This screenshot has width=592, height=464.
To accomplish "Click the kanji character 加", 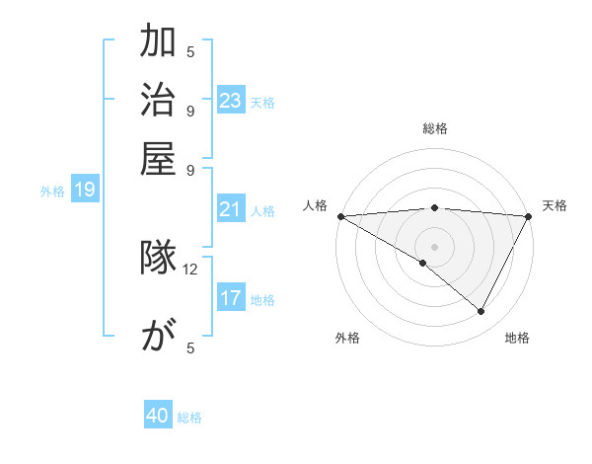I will pos(158,44).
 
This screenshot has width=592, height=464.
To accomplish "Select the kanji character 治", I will pos(158,102).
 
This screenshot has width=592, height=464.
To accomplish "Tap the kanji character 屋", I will pos(158,158).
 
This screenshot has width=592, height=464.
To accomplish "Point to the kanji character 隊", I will pos(158,259).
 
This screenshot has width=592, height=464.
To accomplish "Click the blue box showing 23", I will pos(230,101).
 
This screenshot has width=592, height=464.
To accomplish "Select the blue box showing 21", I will pos(230,209).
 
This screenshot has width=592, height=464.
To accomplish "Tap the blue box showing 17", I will pos(230,298).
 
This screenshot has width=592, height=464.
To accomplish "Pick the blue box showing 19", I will pos(85,190).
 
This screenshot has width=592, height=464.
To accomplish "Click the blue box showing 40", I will pos(158,417).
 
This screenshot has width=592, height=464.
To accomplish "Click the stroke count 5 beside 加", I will pos(190,51).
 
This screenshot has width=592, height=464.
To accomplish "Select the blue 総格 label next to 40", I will pos(189,418).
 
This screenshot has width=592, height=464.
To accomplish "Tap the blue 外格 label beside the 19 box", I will pos(52,192).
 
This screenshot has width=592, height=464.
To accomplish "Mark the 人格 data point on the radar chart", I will pos(340,216).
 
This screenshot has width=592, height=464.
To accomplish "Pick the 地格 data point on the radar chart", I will pos(481,311).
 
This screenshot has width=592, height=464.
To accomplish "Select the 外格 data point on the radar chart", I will pos(423,263).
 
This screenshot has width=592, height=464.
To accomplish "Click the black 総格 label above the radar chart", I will pos(435,128).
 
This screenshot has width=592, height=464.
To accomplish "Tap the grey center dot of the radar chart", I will pos(435,246).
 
